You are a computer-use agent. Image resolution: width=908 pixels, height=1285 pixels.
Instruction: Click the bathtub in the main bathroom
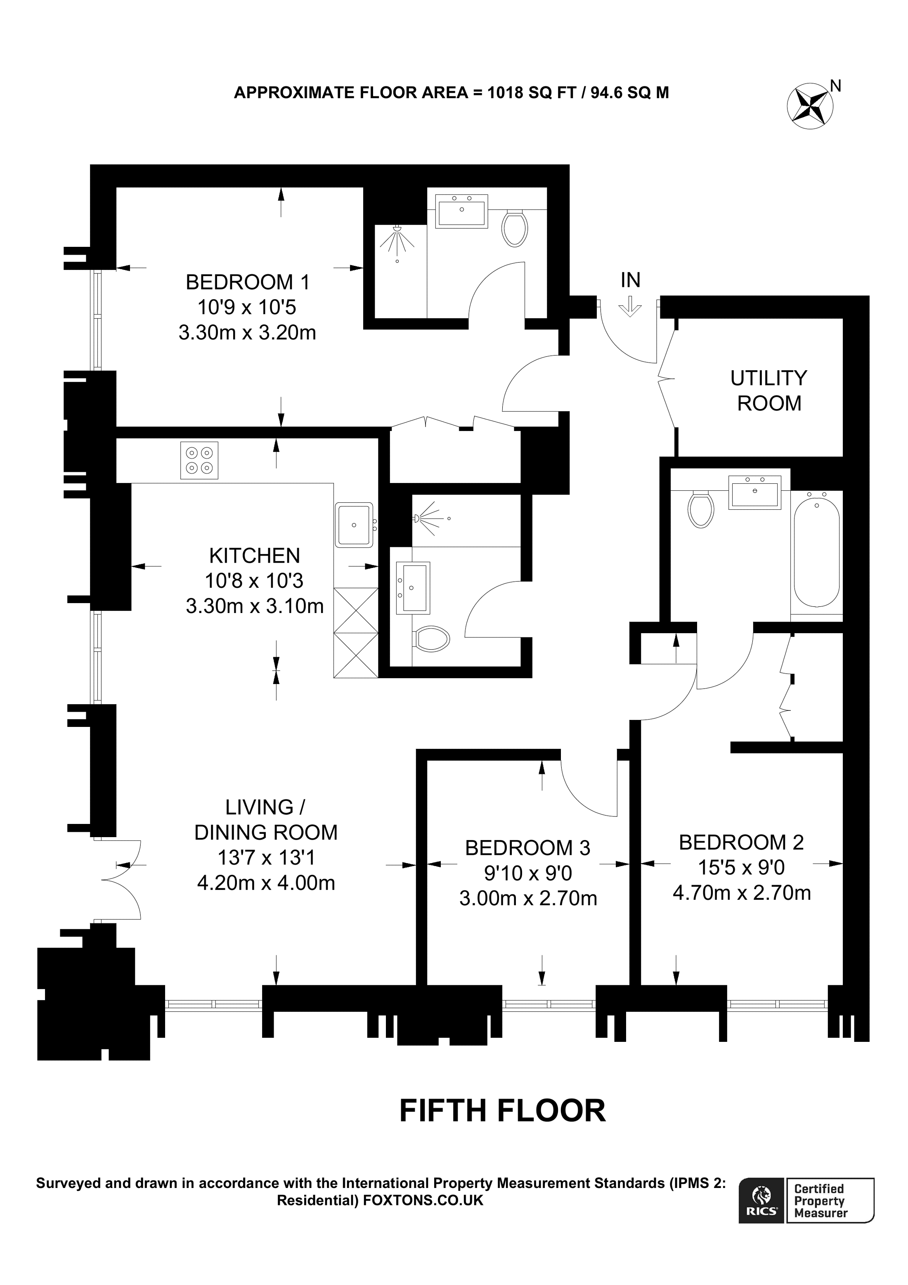(816, 551)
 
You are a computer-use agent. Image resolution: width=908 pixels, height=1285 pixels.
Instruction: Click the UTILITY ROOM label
(768, 390)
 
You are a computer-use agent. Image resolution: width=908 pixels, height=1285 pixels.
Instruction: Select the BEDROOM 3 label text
(527, 848)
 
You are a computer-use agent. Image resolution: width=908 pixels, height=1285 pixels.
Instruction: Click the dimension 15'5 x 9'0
(741, 868)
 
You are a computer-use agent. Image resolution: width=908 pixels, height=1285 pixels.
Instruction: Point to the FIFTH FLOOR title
(502, 1110)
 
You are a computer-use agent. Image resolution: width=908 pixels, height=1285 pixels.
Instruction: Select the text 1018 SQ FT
(532, 93)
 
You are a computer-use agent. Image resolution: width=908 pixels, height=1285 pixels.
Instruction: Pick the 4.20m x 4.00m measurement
(266, 883)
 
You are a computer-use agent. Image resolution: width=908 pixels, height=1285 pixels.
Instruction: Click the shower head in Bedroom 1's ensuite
(397, 230)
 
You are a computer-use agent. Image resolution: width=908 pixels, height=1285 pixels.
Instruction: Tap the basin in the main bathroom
(754, 492)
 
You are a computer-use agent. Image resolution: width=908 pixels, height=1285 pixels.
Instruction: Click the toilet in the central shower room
(432, 639)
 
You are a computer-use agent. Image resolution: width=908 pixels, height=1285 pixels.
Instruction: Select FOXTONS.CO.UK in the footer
(423, 1200)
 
